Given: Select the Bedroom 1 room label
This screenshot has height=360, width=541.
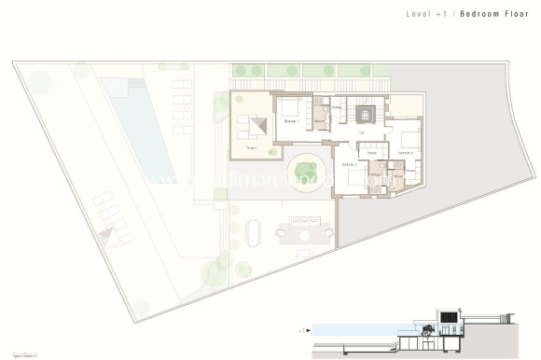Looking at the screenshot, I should tap(292, 121).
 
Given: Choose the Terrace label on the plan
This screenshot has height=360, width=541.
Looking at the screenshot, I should tap(251, 147).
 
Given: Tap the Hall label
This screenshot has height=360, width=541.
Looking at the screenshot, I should tap(361, 132).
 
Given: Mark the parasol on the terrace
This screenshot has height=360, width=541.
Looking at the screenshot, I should tap(259, 124).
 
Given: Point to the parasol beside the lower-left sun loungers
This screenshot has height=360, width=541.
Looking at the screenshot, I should tap(116, 238).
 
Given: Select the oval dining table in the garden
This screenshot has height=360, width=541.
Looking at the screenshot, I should tap(257, 230).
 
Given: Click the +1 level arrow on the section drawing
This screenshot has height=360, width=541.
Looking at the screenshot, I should tap(305, 329).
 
